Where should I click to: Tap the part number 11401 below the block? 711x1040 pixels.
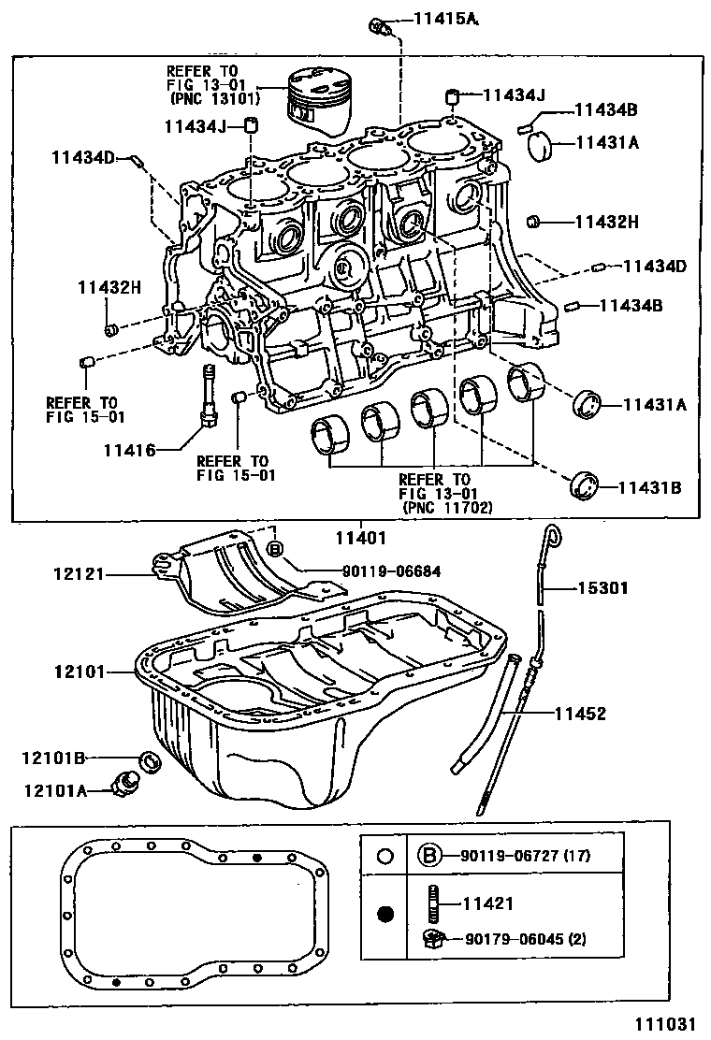pos(361,538)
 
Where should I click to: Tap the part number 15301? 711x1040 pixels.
pos(602,588)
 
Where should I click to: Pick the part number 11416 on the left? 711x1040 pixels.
pos(131,449)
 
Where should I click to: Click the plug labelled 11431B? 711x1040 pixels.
pos(584,486)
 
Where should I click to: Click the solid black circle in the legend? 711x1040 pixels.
pos(385,915)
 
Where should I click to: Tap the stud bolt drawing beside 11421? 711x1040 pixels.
pos(434,904)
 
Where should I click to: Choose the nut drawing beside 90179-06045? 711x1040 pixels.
pos(433,937)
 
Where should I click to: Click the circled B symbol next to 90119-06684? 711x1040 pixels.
pos(275,549)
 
